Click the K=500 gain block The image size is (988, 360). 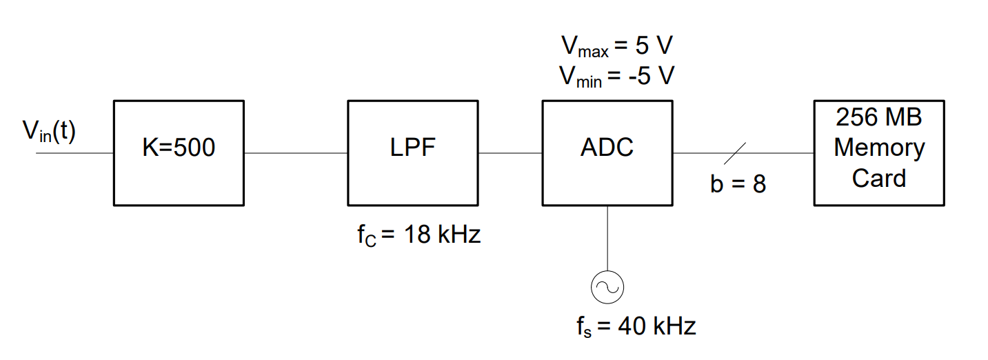pos(178,152)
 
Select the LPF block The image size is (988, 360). pos(412,152)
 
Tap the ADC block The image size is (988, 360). pos(607,152)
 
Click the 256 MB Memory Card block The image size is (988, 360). pos(878,152)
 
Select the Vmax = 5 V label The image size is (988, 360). pos(616,48)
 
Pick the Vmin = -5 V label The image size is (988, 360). pos(616,77)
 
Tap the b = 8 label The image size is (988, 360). pos(738,184)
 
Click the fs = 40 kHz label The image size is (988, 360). pos(636,326)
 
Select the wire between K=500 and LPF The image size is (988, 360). pos(295,152)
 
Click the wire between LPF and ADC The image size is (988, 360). pos(510,152)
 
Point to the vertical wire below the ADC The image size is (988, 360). pos(607,238)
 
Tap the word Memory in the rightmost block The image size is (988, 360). pos(879,148)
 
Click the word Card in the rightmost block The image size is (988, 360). pos(878,178)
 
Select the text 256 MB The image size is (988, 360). pos(878,117)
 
